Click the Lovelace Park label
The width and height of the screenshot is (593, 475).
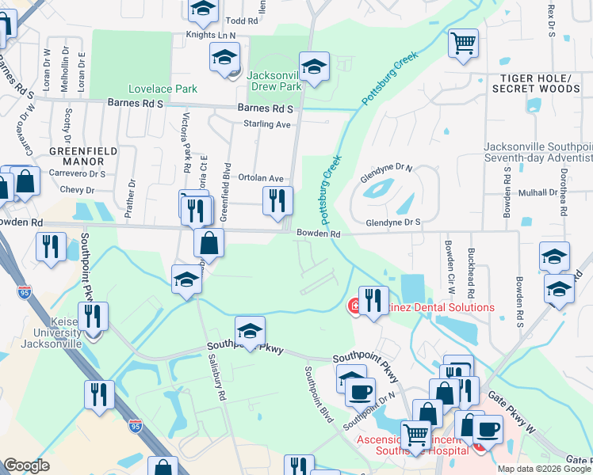click(x=164, y=89)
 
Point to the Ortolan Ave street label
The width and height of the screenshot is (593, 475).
click(x=261, y=179)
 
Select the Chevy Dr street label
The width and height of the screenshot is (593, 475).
click(x=77, y=190)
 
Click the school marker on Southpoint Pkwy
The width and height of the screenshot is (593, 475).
click(x=250, y=330)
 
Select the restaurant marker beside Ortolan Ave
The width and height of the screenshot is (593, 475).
click(x=277, y=201)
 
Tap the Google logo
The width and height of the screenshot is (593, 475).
click(x=26, y=465)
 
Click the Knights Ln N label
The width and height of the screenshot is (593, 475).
click(x=211, y=36)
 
